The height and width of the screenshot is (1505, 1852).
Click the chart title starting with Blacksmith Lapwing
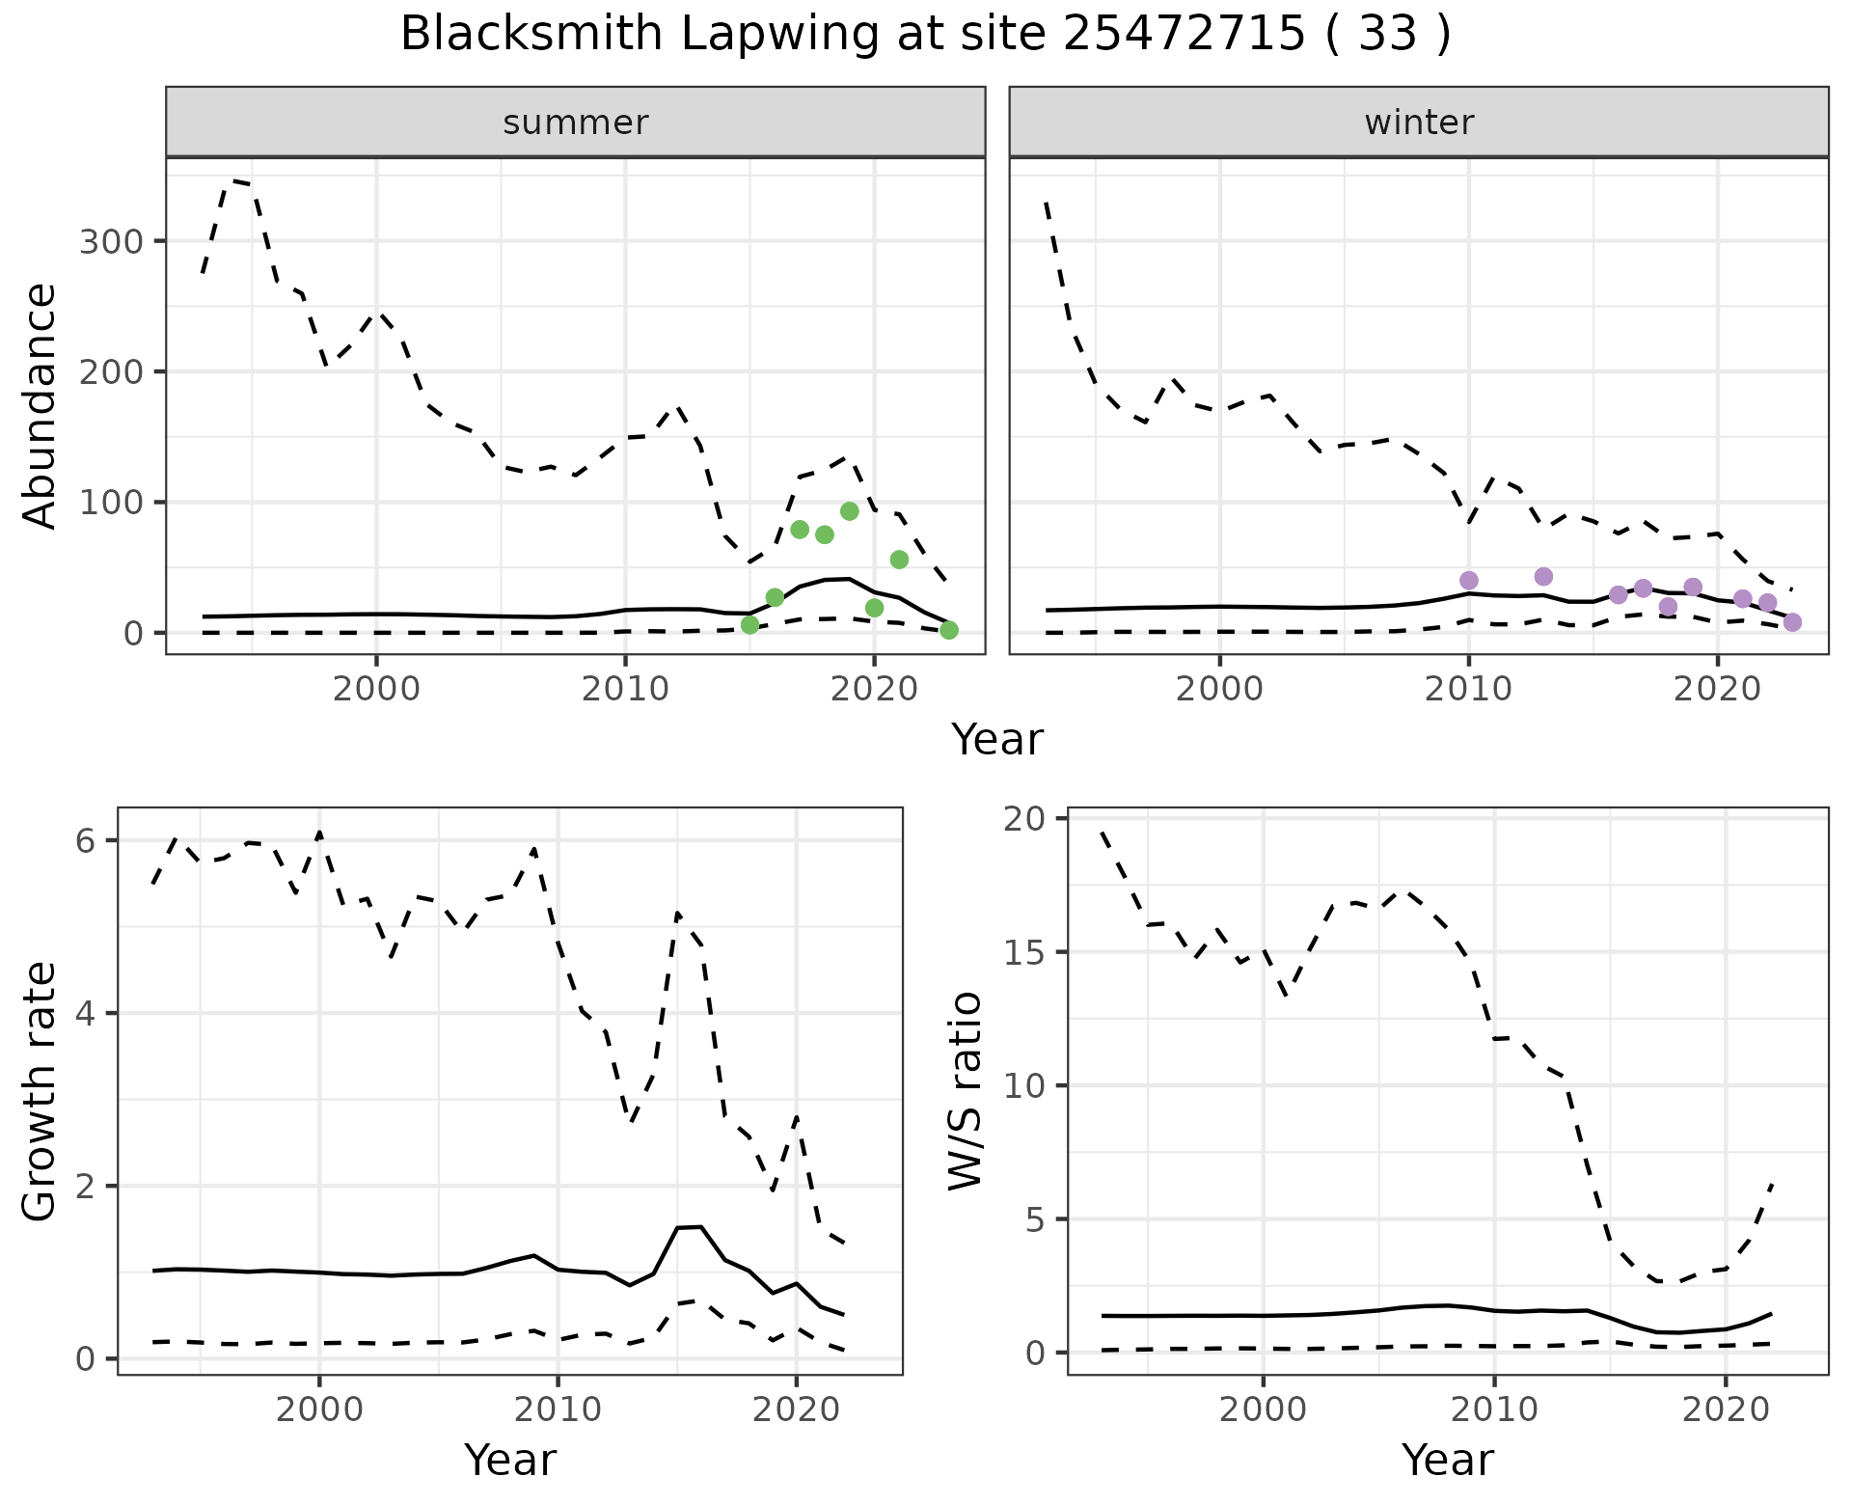(x=925, y=35)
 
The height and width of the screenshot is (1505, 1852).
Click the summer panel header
(x=576, y=123)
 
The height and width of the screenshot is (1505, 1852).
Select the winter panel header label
(x=1419, y=123)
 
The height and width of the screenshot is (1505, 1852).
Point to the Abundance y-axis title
(x=41, y=405)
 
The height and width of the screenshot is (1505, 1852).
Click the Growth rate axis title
(x=41, y=1092)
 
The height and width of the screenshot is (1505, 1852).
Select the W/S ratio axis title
(x=966, y=1091)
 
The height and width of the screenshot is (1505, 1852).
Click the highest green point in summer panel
(x=850, y=511)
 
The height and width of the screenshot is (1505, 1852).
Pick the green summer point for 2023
(x=949, y=630)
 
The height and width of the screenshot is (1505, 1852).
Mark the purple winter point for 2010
(x=1469, y=580)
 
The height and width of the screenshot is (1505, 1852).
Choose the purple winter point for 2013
(x=1543, y=577)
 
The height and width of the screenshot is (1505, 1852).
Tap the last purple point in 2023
(x=1792, y=622)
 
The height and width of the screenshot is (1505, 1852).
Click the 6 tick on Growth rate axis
(x=85, y=841)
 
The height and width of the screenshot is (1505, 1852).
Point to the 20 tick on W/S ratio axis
(x=1030, y=819)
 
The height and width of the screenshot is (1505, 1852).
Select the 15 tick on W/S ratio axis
(x=1030, y=952)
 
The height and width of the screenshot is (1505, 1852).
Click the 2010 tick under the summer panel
(x=626, y=690)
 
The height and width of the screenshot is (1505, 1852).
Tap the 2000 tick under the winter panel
(x=1220, y=690)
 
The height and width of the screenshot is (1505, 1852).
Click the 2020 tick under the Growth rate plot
(x=796, y=1410)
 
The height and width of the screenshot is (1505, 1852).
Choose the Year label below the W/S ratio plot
(x=1448, y=1460)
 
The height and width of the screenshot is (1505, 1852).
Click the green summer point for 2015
(x=750, y=625)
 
